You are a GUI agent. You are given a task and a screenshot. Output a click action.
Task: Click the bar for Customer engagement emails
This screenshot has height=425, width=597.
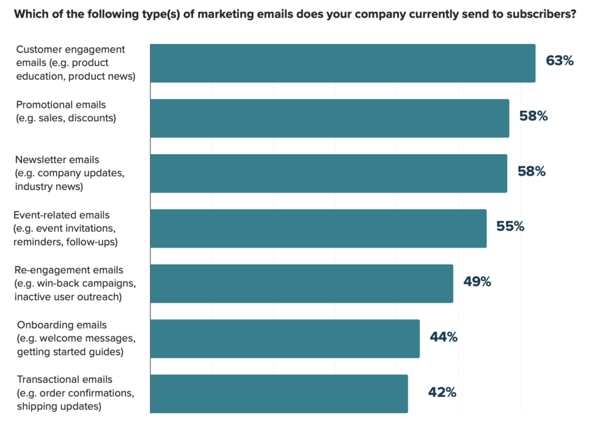343,63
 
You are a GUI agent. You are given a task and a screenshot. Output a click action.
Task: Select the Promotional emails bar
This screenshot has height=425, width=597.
329,119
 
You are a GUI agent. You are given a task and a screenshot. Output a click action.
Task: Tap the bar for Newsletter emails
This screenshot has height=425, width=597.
328,173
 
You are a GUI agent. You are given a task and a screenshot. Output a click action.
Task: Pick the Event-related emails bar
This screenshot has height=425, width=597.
318,228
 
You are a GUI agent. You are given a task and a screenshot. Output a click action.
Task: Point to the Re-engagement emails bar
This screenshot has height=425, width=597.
301,284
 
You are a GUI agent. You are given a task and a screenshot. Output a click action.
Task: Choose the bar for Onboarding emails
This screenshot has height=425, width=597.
285,339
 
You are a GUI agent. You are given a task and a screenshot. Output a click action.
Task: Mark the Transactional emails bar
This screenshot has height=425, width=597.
279,393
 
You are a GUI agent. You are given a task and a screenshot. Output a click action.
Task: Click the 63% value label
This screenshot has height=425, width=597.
560,61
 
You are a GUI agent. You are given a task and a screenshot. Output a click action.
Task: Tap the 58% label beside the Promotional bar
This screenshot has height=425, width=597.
533,116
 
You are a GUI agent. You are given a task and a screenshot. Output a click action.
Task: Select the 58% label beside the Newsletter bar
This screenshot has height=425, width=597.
531,172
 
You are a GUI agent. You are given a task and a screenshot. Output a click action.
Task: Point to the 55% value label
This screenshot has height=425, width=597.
510,227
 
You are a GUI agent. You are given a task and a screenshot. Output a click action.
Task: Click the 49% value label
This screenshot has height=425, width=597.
477,282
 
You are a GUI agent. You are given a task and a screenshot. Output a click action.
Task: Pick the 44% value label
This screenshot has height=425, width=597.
444,337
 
